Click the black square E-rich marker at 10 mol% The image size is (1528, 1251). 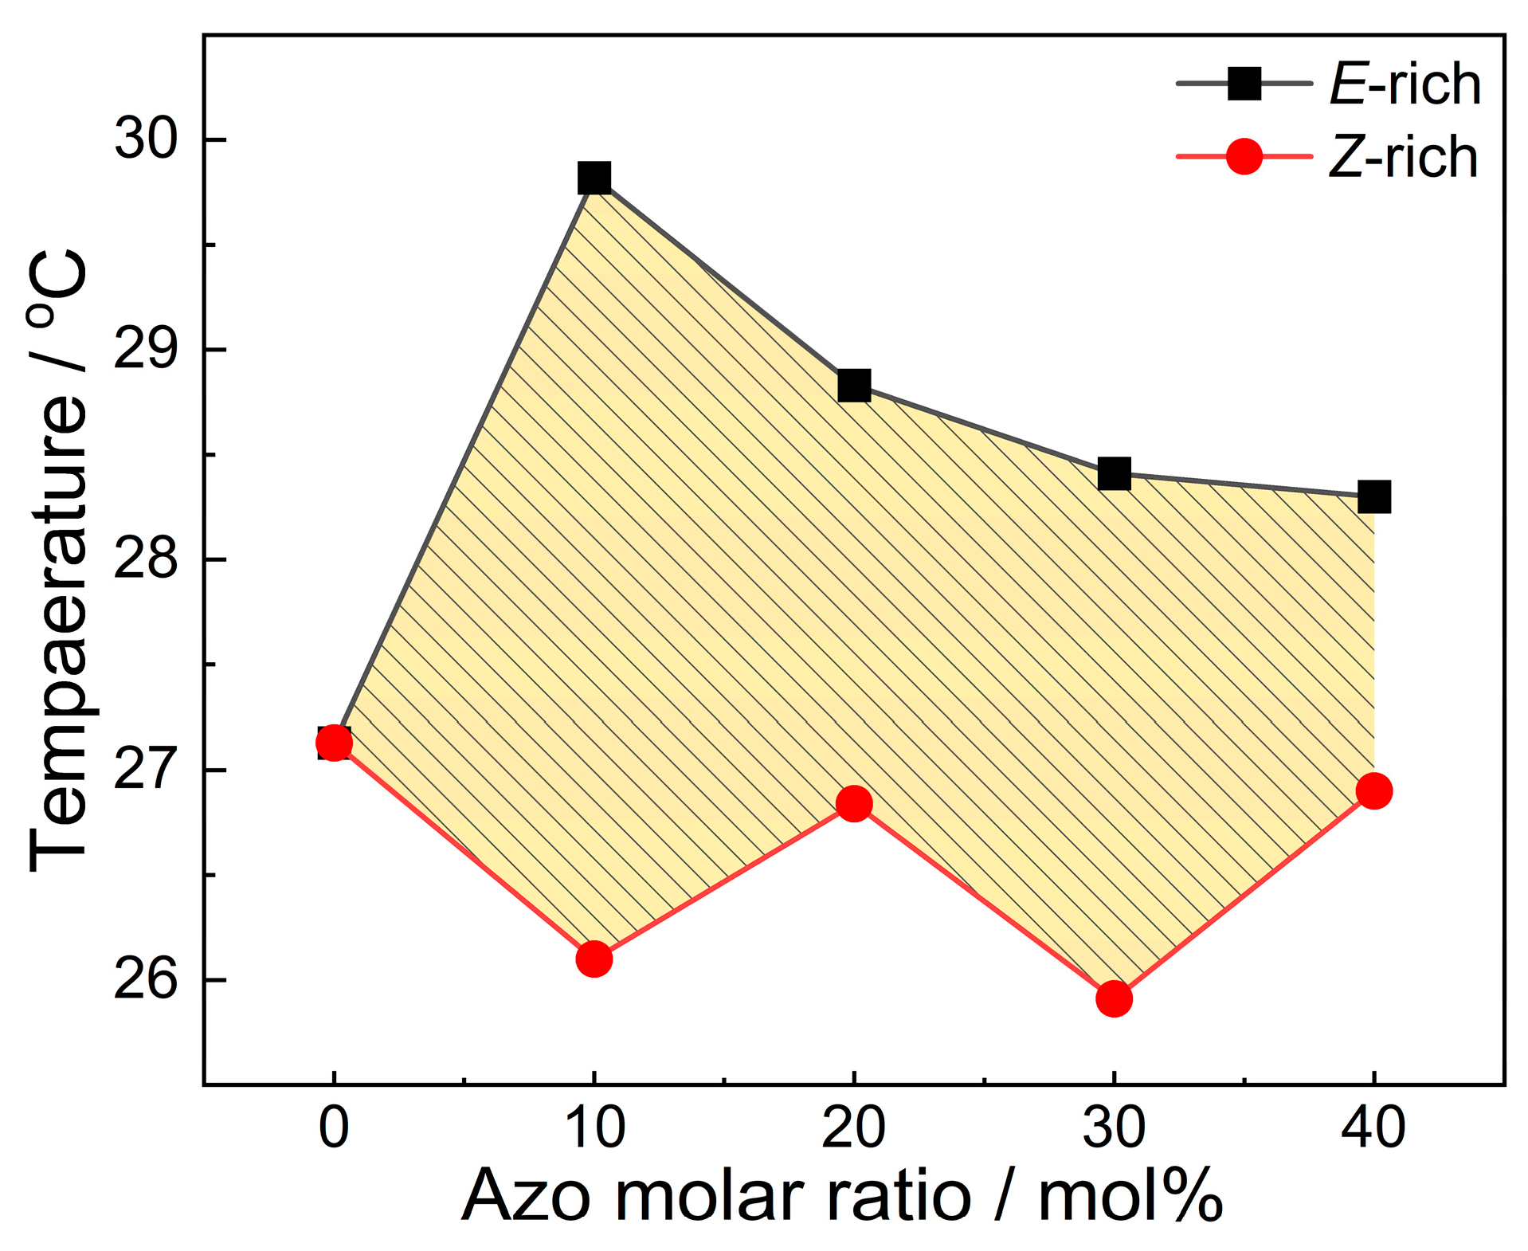pos(594,178)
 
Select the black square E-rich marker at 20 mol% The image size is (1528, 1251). pos(854,386)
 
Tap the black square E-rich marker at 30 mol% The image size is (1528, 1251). pos(1114,473)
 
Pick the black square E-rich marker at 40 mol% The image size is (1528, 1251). pos(1373,497)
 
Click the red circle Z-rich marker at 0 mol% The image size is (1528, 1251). pos(334,743)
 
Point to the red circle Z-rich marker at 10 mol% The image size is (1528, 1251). pos(594,958)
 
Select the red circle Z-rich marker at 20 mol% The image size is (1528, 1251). pos(854,804)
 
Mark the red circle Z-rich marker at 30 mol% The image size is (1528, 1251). pos(1114,998)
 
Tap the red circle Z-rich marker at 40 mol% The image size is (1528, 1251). pos(1373,791)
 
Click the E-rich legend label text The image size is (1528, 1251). pos(1404,84)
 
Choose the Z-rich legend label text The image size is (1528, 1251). pos(1402,156)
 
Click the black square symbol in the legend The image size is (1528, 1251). pos(1244,83)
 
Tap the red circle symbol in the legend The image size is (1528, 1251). pos(1244,156)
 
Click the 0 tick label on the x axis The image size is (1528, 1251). pos(334,1127)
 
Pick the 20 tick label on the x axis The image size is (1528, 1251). pos(854,1127)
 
